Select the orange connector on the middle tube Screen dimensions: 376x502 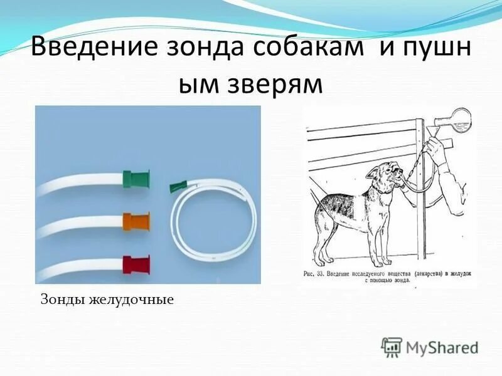click(x=136, y=220)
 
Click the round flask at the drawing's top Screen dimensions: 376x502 click(x=460, y=118)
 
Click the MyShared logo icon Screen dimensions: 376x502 click(x=392, y=347)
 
